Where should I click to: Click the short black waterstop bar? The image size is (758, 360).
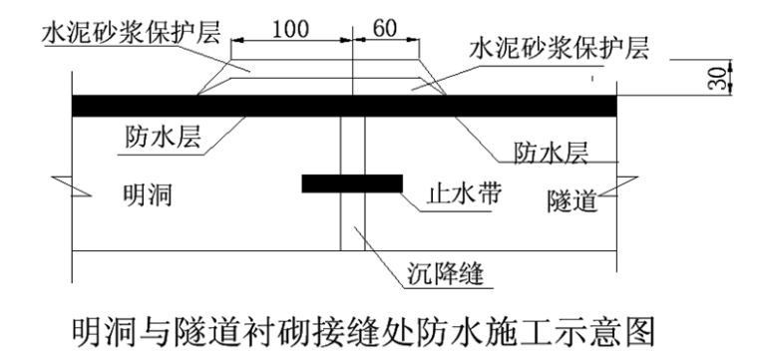(351, 183)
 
